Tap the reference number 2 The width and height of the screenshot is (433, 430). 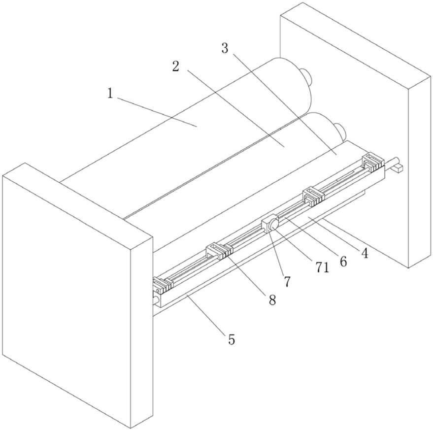click(175, 67)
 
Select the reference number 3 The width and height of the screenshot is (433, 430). click(225, 48)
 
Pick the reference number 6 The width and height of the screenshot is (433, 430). click(343, 261)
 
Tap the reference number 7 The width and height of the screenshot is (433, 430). click(287, 281)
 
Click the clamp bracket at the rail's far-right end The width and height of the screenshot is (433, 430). click(372, 162)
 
